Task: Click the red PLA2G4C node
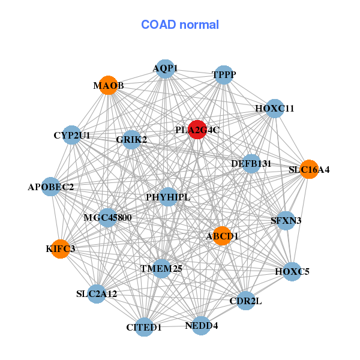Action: click(197, 130)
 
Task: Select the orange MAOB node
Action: click(108, 85)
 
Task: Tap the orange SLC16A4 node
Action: click(308, 169)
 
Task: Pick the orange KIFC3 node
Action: click(61, 248)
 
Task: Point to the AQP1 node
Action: click(165, 68)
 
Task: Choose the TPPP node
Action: click(224, 74)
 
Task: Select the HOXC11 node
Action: click(274, 109)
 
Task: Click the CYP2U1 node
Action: click(72, 136)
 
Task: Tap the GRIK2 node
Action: click(131, 140)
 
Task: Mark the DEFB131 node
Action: click(252, 163)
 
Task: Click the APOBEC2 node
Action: click(51, 187)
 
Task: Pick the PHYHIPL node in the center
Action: click(168, 197)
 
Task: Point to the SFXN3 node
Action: click(286, 221)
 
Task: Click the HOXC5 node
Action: click(292, 271)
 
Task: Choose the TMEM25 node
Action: click(161, 268)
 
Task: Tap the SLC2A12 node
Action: click(97, 293)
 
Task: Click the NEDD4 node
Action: click(201, 326)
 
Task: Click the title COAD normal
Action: click(180, 25)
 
